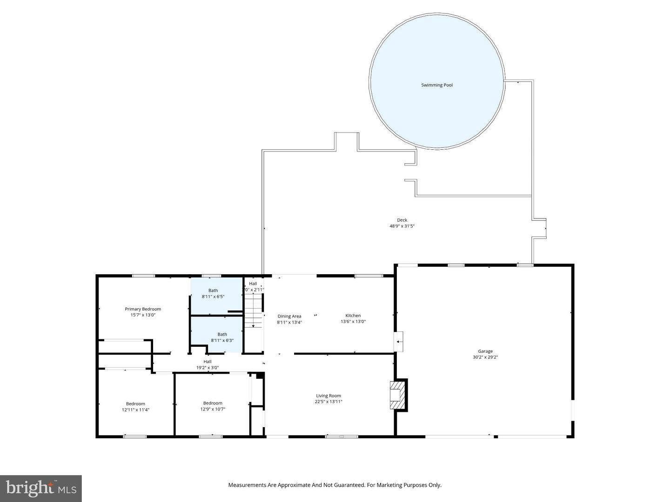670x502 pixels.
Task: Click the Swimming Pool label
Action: [x=436, y=85]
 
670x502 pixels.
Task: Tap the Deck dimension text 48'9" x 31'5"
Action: [x=402, y=226]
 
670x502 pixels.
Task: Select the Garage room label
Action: [x=485, y=351]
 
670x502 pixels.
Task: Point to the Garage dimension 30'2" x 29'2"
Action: [x=485, y=357]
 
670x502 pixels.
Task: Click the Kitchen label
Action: [x=353, y=316]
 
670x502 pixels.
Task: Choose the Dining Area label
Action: [x=289, y=316]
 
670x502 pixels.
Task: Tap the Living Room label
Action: [x=328, y=396]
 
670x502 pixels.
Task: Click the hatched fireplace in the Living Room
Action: [x=397, y=395]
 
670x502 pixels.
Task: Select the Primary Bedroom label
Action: [x=143, y=309]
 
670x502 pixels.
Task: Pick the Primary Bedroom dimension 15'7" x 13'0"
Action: [x=143, y=315]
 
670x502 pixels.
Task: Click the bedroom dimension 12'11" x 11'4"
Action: [x=135, y=410]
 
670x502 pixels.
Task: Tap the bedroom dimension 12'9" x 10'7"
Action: [x=213, y=409]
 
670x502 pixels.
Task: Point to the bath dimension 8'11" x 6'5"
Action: [x=213, y=297]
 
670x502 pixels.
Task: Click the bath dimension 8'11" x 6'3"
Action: [x=222, y=340]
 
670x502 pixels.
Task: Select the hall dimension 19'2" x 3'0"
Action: [x=208, y=368]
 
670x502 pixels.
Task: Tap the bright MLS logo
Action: [x=40, y=488]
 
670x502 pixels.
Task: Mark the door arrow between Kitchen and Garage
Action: [x=398, y=342]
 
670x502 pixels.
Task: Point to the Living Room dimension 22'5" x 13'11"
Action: [x=328, y=402]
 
